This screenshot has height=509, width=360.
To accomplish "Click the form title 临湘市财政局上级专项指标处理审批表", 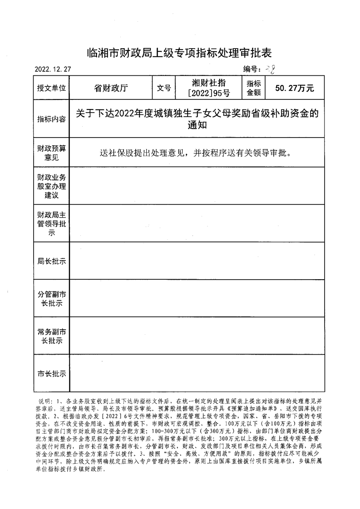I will [x=179, y=53].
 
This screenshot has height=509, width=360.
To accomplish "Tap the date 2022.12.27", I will [x=53, y=69].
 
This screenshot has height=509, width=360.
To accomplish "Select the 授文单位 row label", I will [x=51, y=88].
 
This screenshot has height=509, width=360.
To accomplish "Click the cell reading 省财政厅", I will [x=111, y=88].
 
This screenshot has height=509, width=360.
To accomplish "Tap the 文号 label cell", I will [x=164, y=88].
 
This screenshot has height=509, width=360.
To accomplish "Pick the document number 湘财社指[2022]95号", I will [x=209, y=88].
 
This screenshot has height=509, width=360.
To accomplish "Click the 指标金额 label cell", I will [x=254, y=88].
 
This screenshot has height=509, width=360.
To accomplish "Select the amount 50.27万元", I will [x=295, y=88].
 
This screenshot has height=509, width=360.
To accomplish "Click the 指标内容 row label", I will [x=51, y=119].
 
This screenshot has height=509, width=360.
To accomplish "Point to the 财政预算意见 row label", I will [x=51, y=153].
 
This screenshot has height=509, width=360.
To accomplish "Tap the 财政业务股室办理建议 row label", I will [x=51, y=186].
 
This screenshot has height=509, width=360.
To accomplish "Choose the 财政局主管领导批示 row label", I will [x=51, y=223].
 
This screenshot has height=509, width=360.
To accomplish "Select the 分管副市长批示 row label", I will [x=51, y=299].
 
